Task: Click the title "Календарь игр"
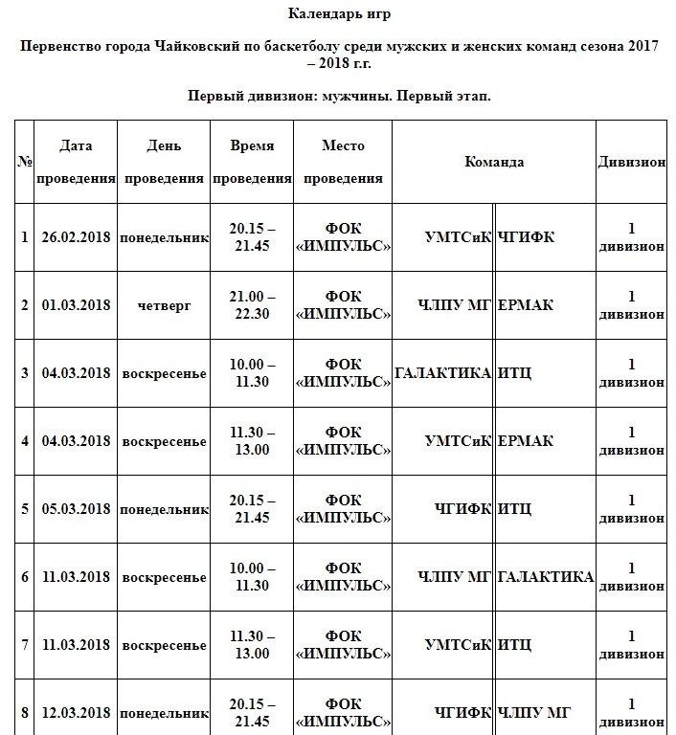coord(339,13)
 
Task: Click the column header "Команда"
coord(494,162)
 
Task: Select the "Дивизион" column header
coord(631,162)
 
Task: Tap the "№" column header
coord(25,162)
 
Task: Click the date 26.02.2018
coord(76,236)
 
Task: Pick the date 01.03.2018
coord(76,305)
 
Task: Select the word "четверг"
coord(164,305)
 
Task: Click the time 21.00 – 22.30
coord(252,305)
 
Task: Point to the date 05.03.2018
coord(76,509)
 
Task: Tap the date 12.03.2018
coord(76,713)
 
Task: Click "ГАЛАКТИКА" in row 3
coord(442,372)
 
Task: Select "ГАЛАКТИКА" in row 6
coord(546,576)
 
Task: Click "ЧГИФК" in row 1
coord(526,236)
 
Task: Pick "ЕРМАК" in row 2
coord(526,305)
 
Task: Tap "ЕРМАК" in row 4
coord(526,441)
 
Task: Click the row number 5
coord(25,509)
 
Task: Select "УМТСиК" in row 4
coord(458,441)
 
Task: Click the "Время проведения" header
coord(252,162)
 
